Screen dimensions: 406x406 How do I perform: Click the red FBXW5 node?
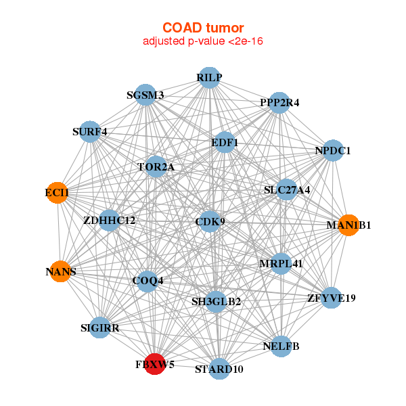pyautogui.click(x=155, y=364)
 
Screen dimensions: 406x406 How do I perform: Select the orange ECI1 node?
pyautogui.click(x=58, y=193)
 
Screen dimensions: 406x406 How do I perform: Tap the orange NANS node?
pyautogui.click(x=61, y=271)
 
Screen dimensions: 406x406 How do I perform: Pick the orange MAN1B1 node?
pyautogui.click(x=348, y=225)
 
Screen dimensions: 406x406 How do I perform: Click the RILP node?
pyautogui.click(x=210, y=78)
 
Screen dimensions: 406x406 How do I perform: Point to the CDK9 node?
pyautogui.click(x=210, y=222)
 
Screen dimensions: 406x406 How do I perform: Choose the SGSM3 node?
pyautogui.click(x=145, y=95)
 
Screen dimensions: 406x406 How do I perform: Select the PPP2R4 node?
pyautogui.click(x=279, y=103)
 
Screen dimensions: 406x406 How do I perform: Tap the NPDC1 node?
pyautogui.click(x=333, y=150)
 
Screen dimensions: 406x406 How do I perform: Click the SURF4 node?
pyautogui.click(x=89, y=131)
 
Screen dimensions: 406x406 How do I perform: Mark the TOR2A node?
pyautogui.click(x=156, y=166)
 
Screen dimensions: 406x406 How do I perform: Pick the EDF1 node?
pyautogui.click(x=225, y=142)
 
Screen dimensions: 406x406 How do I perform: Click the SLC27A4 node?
pyautogui.click(x=286, y=189)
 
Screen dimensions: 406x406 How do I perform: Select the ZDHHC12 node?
pyautogui.click(x=110, y=221)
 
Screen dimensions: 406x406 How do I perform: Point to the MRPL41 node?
pyautogui.click(x=281, y=264)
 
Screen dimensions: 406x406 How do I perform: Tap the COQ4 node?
pyautogui.click(x=148, y=281)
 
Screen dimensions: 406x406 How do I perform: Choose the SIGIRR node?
pyautogui.click(x=100, y=328)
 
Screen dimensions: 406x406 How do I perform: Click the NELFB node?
pyautogui.click(x=281, y=346)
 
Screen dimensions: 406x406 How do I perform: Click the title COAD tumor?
pyautogui.click(x=203, y=28)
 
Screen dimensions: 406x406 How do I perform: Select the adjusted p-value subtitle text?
pyautogui.click(x=203, y=41)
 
